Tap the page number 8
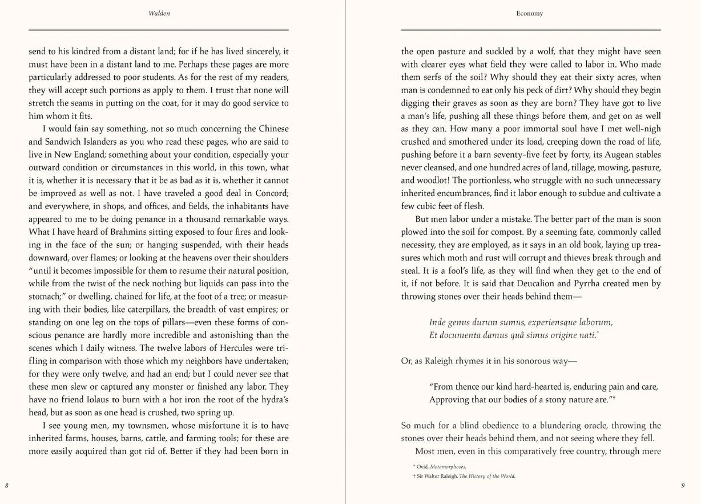click(x=6, y=486)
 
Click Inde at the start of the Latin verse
click(x=438, y=323)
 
